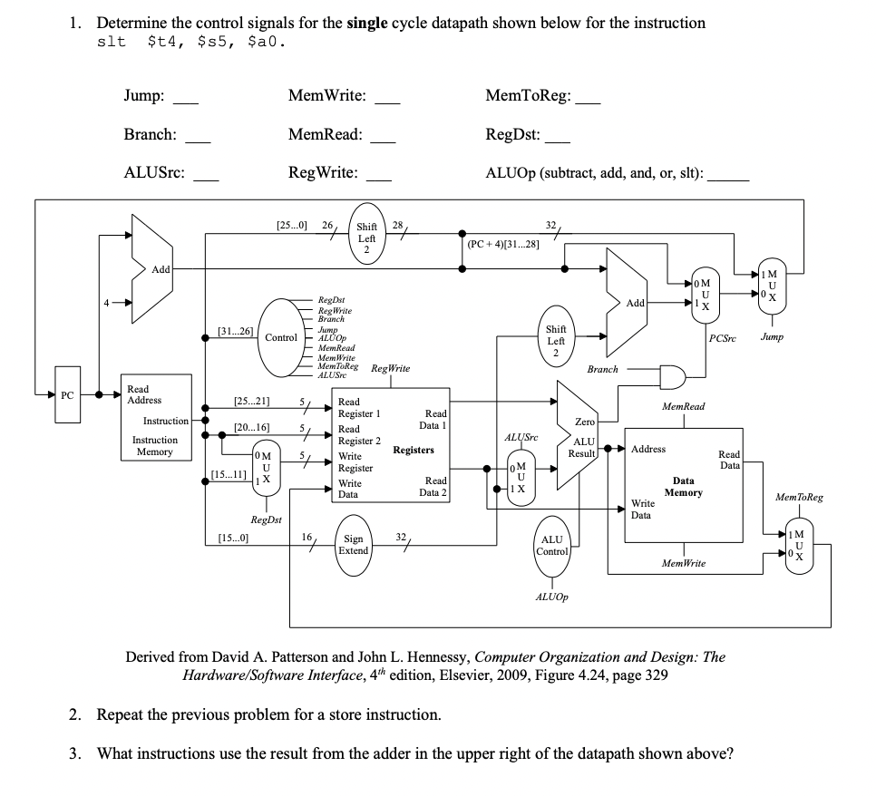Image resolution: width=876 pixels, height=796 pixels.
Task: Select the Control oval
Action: click(x=280, y=338)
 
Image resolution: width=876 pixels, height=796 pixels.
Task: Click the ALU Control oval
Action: click(x=552, y=545)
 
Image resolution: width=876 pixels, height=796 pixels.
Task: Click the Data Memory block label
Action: click(x=683, y=486)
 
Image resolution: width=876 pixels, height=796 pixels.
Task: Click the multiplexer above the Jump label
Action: click(x=771, y=288)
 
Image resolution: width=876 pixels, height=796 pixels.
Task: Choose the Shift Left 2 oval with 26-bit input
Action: click(x=366, y=238)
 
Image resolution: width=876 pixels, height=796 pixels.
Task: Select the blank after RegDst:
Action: click(x=559, y=139)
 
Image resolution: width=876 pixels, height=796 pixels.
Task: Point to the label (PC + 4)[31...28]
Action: click(x=503, y=244)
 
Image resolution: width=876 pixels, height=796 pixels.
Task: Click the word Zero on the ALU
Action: click(x=585, y=422)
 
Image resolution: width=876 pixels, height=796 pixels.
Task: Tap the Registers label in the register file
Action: click(x=413, y=450)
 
